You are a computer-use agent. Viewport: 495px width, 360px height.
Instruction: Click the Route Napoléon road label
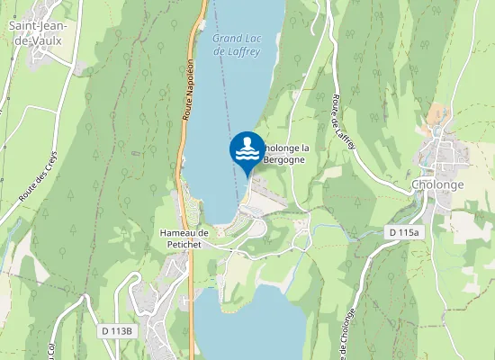189,90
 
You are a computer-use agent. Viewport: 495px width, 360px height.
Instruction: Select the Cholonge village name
437,184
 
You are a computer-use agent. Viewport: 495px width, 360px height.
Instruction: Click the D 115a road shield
404,232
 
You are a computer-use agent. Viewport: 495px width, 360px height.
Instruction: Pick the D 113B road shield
117,331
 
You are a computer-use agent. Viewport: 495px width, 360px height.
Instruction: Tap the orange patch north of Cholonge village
438,115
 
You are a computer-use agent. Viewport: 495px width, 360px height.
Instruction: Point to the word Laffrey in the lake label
238,51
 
